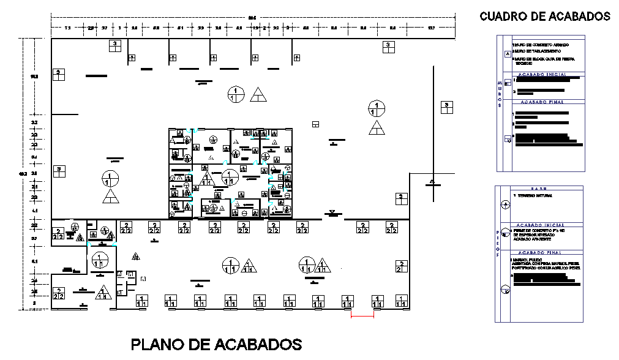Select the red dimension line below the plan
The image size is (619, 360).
(362, 316)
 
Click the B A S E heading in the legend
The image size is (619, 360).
(539, 189)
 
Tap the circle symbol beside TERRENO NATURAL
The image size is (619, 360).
(505, 204)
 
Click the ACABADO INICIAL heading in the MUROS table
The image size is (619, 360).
(543, 74)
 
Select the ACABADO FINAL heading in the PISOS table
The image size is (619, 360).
(539, 252)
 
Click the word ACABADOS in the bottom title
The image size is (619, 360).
(259, 344)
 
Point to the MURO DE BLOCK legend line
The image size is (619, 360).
(543, 59)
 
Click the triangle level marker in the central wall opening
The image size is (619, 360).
(332, 212)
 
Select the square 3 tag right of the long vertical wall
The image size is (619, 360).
(448, 107)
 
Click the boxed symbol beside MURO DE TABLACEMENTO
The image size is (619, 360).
(506, 53)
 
